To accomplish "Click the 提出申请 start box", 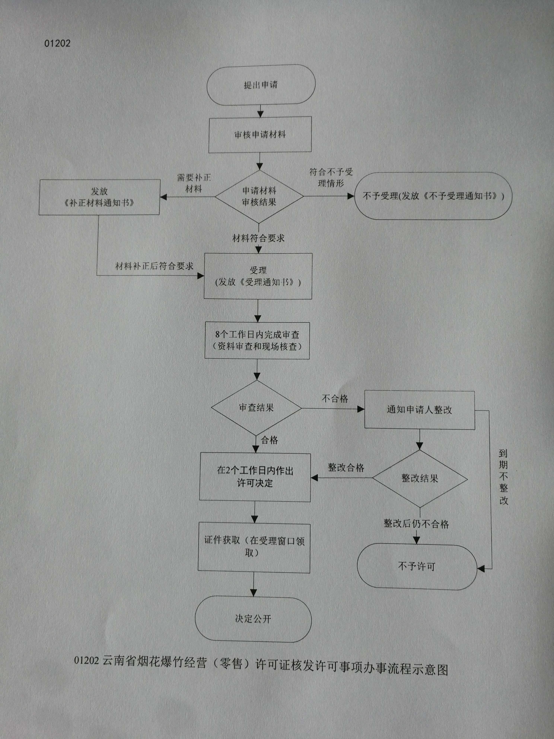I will (x=261, y=85).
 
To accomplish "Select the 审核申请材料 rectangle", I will (x=260, y=135).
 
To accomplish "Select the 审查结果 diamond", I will (x=257, y=407).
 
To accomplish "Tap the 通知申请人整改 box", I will (x=419, y=410).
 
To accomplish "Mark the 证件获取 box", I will (x=254, y=547).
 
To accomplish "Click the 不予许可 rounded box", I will (x=417, y=567).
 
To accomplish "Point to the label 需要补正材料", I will (x=194, y=183).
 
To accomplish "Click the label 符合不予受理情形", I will (x=331, y=178).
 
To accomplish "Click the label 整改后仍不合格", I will (x=416, y=524).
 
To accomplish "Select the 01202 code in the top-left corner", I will (x=58, y=43).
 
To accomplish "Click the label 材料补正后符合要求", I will (x=154, y=266).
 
